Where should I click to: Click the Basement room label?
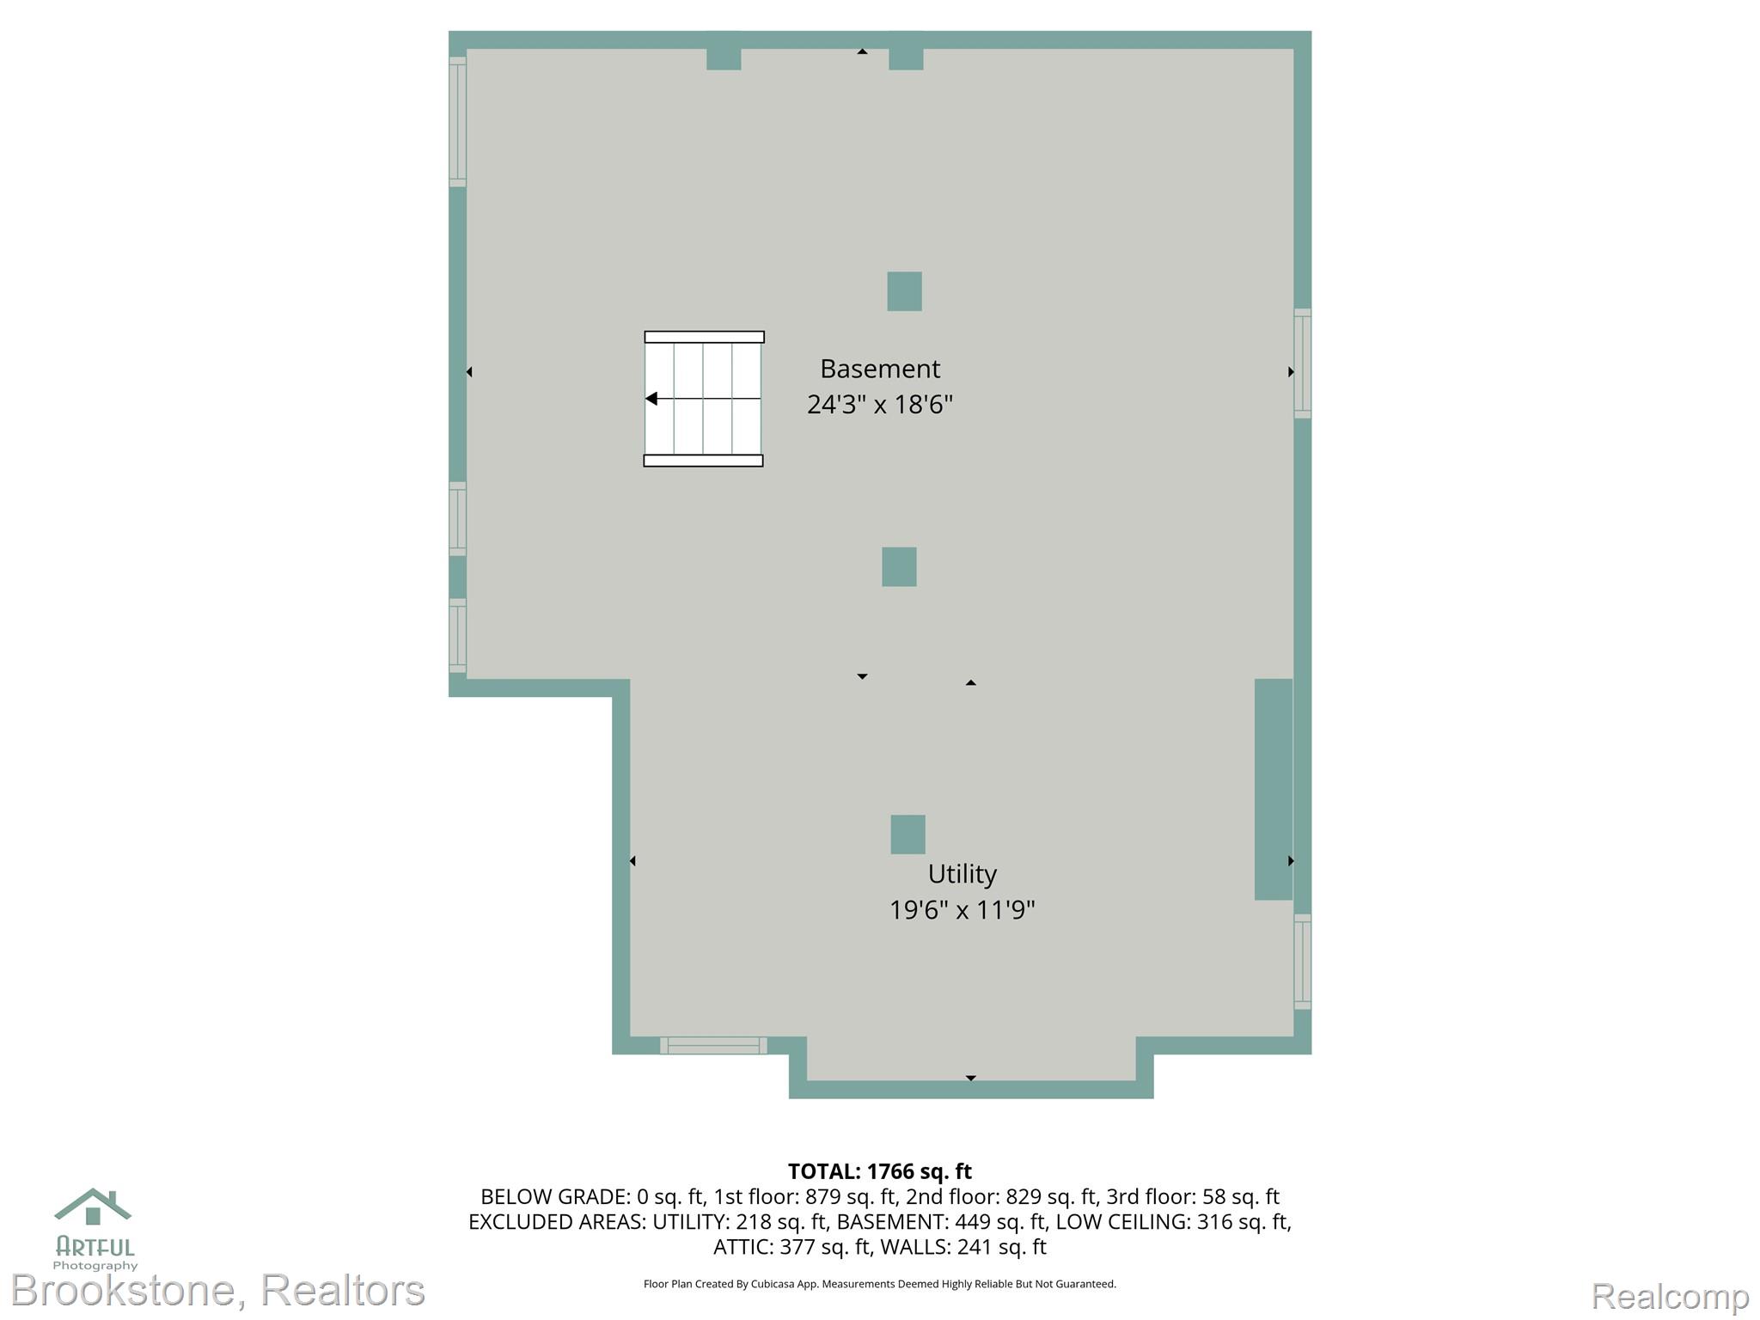(880, 369)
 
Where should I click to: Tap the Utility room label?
(962, 874)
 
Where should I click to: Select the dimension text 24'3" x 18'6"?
(880, 404)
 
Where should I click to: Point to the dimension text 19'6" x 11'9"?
(962, 909)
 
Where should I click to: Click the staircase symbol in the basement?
(704, 399)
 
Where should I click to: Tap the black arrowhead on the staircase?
(651, 399)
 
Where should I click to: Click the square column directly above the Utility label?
(907, 834)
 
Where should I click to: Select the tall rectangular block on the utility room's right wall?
(1274, 789)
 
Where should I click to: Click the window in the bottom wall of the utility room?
(713, 1045)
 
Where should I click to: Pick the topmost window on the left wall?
(457, 121)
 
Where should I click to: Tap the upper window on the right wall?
(1303, 364)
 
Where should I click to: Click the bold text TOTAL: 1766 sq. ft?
(880, 1171)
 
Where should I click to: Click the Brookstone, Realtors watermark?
(218, 1290)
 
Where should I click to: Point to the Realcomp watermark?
(1670, 1296)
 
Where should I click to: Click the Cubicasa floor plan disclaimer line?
(880, 1284)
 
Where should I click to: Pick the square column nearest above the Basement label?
(904, 291)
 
